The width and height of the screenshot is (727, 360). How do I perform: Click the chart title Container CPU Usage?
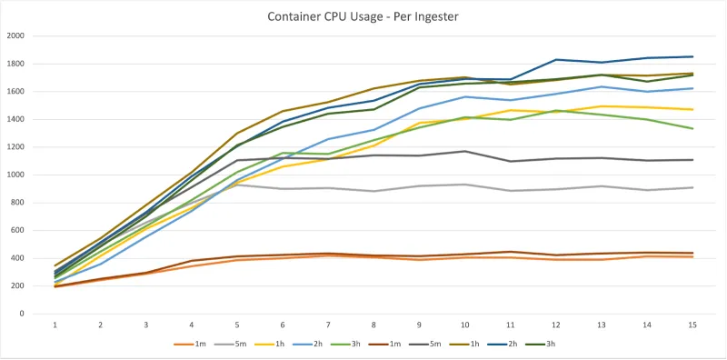363,16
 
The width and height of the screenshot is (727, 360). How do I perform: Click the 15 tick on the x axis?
692,325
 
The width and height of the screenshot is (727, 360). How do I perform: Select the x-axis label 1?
55,325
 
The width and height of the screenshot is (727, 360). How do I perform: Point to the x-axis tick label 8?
373,325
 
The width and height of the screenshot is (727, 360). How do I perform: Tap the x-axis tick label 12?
556,325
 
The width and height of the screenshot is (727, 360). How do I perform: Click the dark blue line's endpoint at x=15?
692,56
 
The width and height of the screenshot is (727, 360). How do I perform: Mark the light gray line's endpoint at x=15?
692,187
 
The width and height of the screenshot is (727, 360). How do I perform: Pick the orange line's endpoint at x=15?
692,256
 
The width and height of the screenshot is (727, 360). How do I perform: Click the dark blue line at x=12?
556,60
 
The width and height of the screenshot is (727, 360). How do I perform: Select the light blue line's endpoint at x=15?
692,88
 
